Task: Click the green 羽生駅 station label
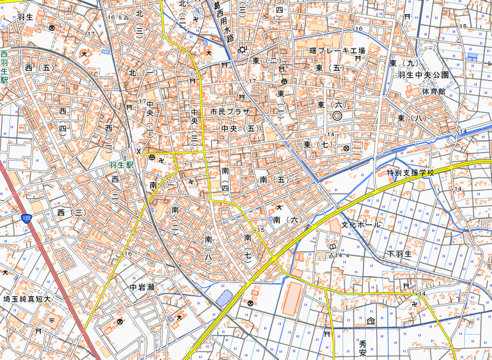[121, 166]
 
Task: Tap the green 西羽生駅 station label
[4, 68]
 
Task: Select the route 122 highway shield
[25, 218]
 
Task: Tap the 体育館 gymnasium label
[434, 91]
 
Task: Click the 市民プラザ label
[229, 112]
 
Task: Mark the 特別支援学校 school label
[410, 173]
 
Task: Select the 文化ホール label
[361, 225]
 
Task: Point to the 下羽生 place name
[399, 254]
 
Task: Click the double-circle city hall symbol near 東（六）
[337, 115]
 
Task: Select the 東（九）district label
[403, 63]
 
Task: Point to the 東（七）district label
[318, 145]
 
